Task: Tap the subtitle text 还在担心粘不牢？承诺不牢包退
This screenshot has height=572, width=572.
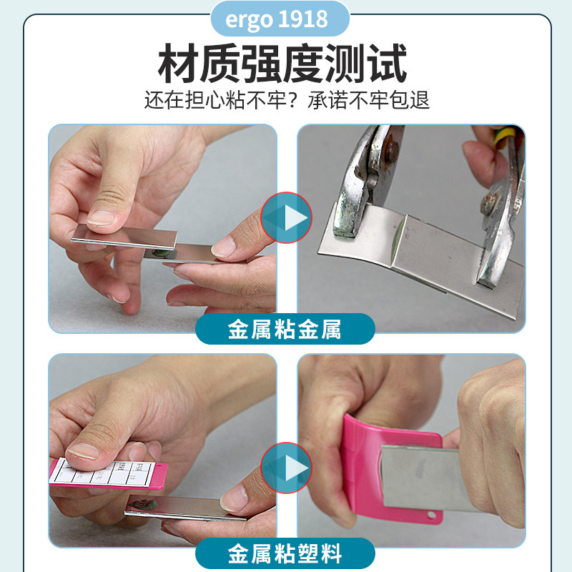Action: coord(286,99)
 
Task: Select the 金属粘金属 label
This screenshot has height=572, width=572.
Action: coord(285,330)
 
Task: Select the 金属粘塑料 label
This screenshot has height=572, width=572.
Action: coord(285,553)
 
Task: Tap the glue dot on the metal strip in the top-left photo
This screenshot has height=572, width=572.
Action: coord(161,252)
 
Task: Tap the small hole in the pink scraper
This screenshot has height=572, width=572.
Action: coord(430,516)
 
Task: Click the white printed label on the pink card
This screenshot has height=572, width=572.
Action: coord(107,472)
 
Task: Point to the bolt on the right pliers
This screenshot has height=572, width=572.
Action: coord(490,202)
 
